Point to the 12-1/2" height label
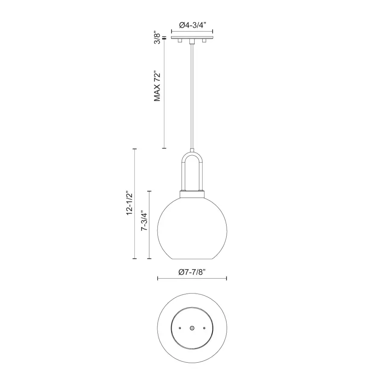coord(130,204)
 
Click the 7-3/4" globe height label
coord(144,222)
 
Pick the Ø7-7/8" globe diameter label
coord(192,272)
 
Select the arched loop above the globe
coord(192,162)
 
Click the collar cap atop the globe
coord(192,195)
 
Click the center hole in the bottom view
coord(192,328)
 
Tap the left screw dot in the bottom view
coord(180,328)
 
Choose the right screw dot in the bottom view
coord(204,328)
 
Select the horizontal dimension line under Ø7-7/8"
coord(192,279)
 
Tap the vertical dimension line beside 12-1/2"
coord(135,204)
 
